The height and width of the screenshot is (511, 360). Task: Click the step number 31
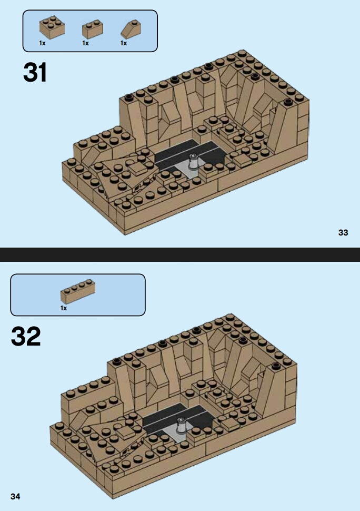coord(35,72)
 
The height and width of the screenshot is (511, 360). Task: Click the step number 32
coord(26,336)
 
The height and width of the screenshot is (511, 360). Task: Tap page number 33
coord(343,232)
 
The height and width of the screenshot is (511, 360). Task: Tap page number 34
coord(15,496)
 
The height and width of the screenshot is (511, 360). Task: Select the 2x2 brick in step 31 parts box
coord(52,28)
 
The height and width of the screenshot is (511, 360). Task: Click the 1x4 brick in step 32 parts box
coord(78,291)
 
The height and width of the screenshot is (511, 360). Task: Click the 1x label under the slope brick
coord(124,43)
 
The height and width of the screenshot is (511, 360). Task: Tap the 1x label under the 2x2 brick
coord(42,43)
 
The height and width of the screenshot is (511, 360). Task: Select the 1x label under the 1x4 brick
coord(64,308)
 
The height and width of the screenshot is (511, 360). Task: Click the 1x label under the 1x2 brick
coord(86,43)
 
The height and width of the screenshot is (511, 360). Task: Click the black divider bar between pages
coord(180,254)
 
